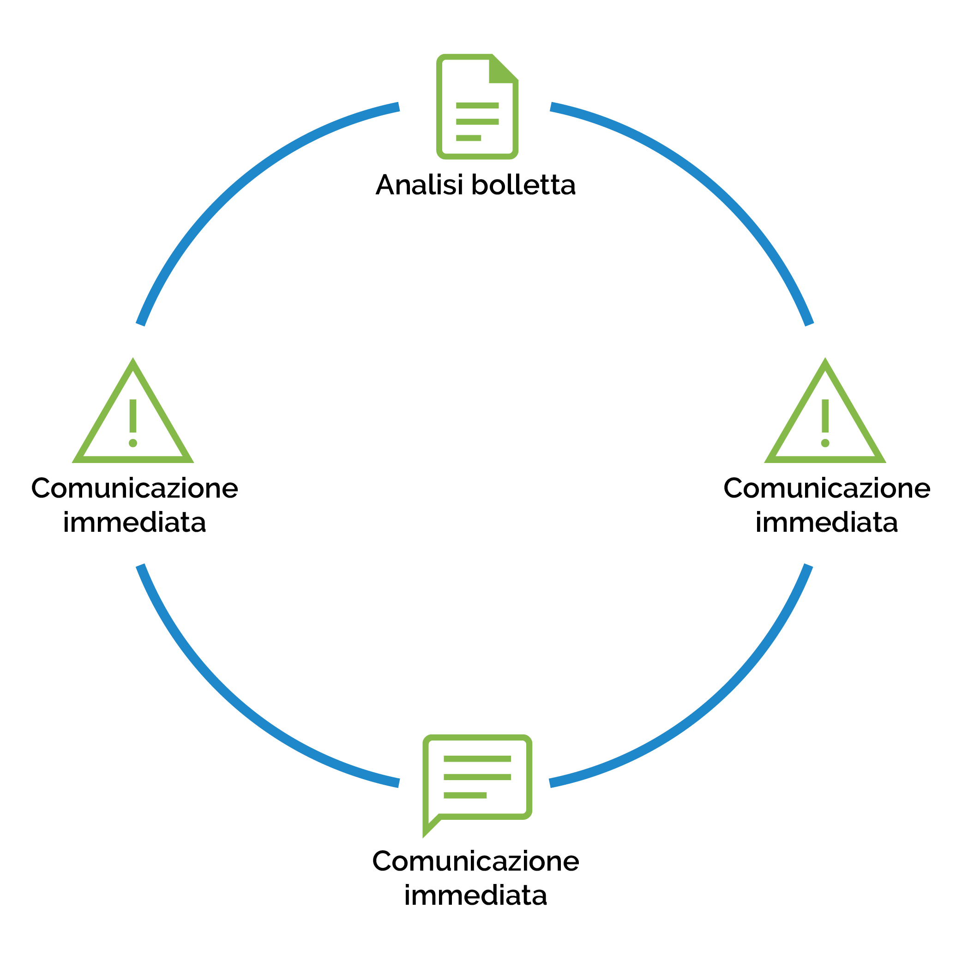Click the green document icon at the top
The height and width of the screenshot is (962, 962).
click(477, 107)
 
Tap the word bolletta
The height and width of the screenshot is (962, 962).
click(523, 185)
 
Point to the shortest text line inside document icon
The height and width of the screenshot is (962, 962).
click(468, 138)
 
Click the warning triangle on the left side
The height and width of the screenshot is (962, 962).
click(133, 418)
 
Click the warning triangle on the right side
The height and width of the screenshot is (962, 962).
click(825, 418)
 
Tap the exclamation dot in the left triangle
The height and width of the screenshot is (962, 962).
click(133, 443)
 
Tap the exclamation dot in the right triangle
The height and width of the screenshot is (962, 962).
click(825, 443)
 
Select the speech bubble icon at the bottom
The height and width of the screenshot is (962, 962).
click(477, 777)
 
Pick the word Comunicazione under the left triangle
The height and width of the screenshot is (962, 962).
click(134, 488)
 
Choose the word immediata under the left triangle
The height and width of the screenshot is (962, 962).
click(134, 523)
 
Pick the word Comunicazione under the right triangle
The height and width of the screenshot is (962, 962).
click(827, 488)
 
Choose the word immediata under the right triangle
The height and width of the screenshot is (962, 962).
click(827, 523)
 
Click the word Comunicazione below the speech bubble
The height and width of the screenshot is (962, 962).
click(475, 861)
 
